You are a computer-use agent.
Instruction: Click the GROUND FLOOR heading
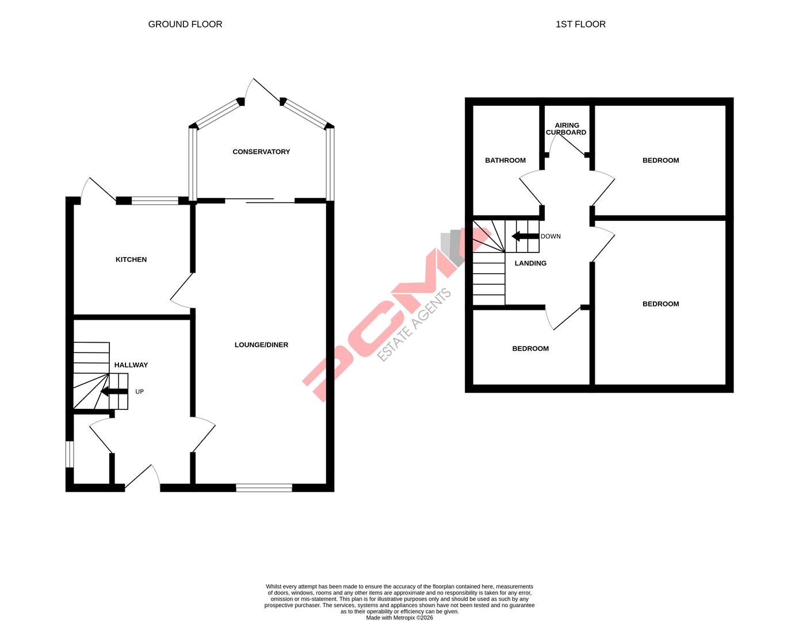(x=185, y=24)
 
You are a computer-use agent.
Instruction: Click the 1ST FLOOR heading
(x=580, y=24)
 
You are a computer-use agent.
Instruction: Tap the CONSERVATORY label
(x=261, y=152)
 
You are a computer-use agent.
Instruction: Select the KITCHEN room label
(x=131, y=259)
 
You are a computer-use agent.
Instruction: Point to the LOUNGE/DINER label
(x=261, y=345)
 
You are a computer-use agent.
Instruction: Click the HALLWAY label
(x=131, y=365)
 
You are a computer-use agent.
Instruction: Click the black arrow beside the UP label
(x=114, y=392)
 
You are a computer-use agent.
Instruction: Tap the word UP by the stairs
(x=139, y=392)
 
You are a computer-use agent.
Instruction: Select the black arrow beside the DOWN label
(x=525, y=236)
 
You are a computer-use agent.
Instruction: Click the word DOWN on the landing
(x=550, y=236)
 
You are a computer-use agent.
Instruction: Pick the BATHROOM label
(x=505, y=160)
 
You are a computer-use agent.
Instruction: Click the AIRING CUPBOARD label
(x=566, y=129)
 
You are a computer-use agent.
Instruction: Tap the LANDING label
(x=530, y=263)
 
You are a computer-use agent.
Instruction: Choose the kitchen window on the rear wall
(x=155, y=201)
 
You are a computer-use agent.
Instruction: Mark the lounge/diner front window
(x=264, y=488)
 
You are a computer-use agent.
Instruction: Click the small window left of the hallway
(x=69, y=454)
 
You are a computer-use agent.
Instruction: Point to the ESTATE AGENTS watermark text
(x=414, y=325)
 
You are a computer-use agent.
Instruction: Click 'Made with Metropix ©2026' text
(x=399, y=618)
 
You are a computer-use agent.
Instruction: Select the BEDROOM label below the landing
(x=530, y=348)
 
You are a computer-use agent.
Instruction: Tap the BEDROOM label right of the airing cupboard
(x=660, y=160)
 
